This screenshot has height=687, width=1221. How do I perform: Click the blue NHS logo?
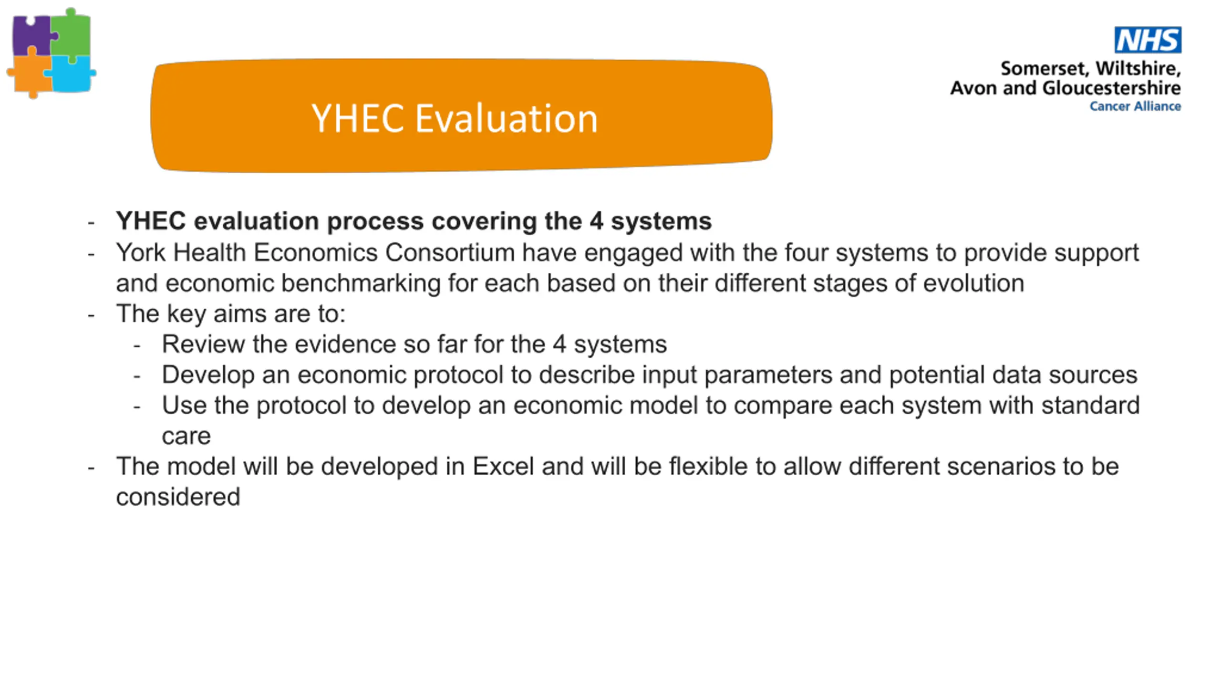1148,40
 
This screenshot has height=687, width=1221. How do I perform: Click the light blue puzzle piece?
72,74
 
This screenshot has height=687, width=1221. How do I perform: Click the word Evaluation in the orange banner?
507,118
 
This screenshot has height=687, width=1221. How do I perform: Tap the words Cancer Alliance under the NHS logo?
1135,106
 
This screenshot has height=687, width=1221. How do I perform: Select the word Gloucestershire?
1112,88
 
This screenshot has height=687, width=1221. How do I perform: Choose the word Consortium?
450,252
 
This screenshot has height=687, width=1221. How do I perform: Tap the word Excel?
503,466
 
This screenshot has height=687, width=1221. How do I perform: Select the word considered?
178,497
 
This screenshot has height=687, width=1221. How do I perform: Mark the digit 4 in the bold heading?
596,221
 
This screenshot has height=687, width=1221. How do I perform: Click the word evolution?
974,283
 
